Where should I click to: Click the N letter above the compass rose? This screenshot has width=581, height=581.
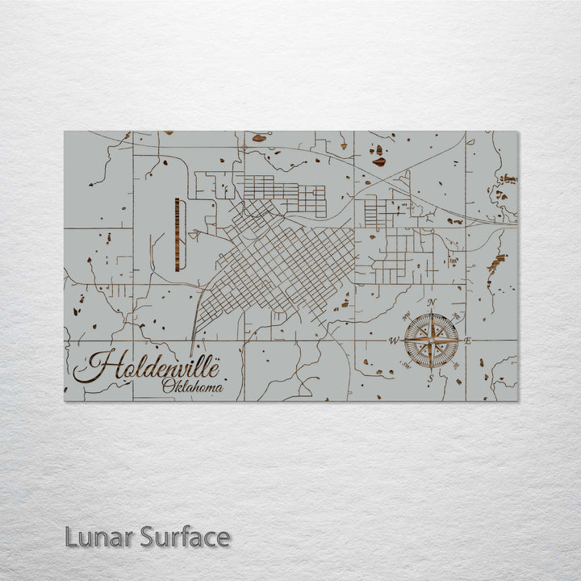click(x=432, y=303)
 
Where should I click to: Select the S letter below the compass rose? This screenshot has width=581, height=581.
click(x=432, y=378)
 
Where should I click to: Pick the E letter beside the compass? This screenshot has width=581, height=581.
click(x=469, y=341)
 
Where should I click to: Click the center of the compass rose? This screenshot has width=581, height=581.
click(x=432, y=341)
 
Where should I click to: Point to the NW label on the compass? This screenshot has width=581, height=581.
click(x=407, y=316)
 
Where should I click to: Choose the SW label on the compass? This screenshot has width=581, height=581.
click(x=407, y=366)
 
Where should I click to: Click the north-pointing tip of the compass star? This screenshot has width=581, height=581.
click(x=432, y=313)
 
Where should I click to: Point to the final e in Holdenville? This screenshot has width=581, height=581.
click(x=214, y=369)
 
